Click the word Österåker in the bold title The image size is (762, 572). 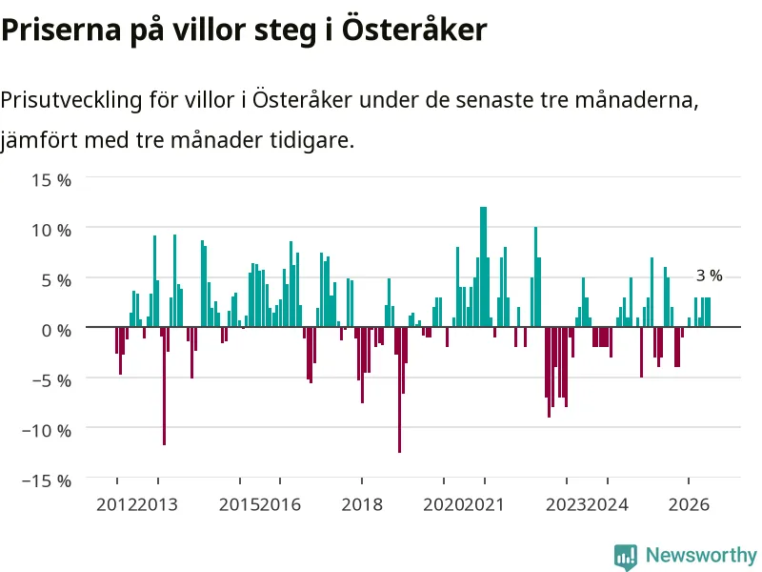click(x=414, y=30)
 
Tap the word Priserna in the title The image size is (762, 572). click(x=61, y=31)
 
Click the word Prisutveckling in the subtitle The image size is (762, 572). click(x=71, y=101)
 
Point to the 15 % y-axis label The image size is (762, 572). click(x=51, y=180)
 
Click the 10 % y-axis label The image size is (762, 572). click(x=51, y=230)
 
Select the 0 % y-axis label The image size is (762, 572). click(x=56, y=331)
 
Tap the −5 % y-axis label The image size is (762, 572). click(x=51, y=380)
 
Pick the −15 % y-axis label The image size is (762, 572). click(x=47, y=481)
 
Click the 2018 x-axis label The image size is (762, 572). click(x=362, y=504)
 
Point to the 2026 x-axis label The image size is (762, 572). click(x=689, y=504)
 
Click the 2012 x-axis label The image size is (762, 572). click(x=116, y=504)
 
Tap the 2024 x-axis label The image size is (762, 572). click(x=608, y=504)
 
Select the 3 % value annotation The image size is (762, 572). click(x=709, y=276)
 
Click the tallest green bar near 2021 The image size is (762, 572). click(x=484, y=267)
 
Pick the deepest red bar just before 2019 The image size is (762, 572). click(x=399, y=390)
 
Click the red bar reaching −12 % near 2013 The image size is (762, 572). click(x=164, y=386)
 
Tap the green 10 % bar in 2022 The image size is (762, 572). click(x=535, y=276)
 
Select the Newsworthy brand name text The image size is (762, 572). click(x=701, y=555)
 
